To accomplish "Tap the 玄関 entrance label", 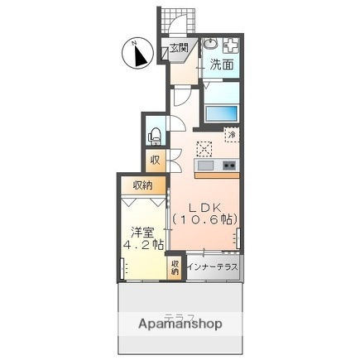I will (x=179, y=47).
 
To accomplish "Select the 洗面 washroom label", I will (x=221, y=64).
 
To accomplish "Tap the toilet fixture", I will (x=154, y=135).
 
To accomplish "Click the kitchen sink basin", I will (x=206, y=166).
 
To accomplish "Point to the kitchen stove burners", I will (x=229, y=166).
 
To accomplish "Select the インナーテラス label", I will (x=213, y=267).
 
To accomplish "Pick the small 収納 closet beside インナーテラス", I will (x=175, y=267).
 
